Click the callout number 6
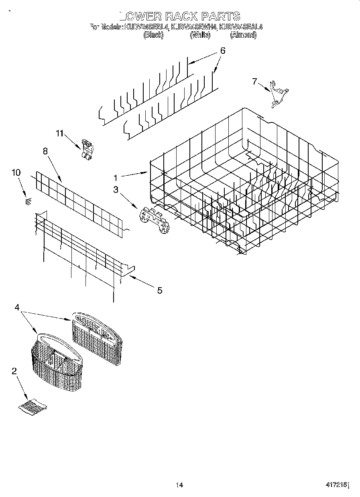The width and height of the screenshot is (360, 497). (x=222, y=51)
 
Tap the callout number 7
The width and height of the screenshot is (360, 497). (x=254, y=81)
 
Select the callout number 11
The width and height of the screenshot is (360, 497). (x=59, y=134)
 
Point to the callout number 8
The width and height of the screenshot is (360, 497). (x=45, y=151)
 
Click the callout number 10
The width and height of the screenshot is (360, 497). (x=16, y=172)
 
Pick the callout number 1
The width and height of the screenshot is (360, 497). (x=115, y=177)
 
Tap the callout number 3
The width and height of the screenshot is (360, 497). (x=116, y=190)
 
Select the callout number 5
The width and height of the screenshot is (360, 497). (x=159, y=290)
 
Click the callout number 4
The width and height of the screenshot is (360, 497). (x=17, y=307)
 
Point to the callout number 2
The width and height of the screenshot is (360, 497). (x=14, y=371)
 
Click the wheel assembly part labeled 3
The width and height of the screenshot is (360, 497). (x=155, y=219)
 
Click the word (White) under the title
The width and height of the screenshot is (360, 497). (x=199, y=35)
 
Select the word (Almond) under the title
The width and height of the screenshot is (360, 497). (x=243, y=35)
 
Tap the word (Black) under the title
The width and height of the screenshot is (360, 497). (x=153, y=35)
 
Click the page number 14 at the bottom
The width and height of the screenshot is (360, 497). (x=179, y=485)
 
